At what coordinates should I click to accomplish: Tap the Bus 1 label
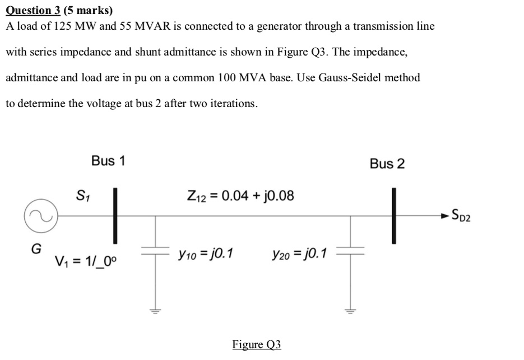pyautogui.click(x=109, y=161)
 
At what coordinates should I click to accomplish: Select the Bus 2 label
pyautogui.click(x=387, y=164)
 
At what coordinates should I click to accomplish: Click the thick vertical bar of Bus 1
pyautogui.click(x=115, y=216)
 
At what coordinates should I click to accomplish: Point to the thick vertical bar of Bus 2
pyautogui.click(x=394, y=216)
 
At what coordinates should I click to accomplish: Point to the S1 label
pyautogui.click(x=81, y=196)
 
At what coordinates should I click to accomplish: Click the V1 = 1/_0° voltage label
pyautogui.click(x=86, y=261)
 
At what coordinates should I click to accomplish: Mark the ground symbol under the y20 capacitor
pyautogui.click(x=351, y=311)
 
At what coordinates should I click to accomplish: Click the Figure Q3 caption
pyautogui.click(x=257, y=344)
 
